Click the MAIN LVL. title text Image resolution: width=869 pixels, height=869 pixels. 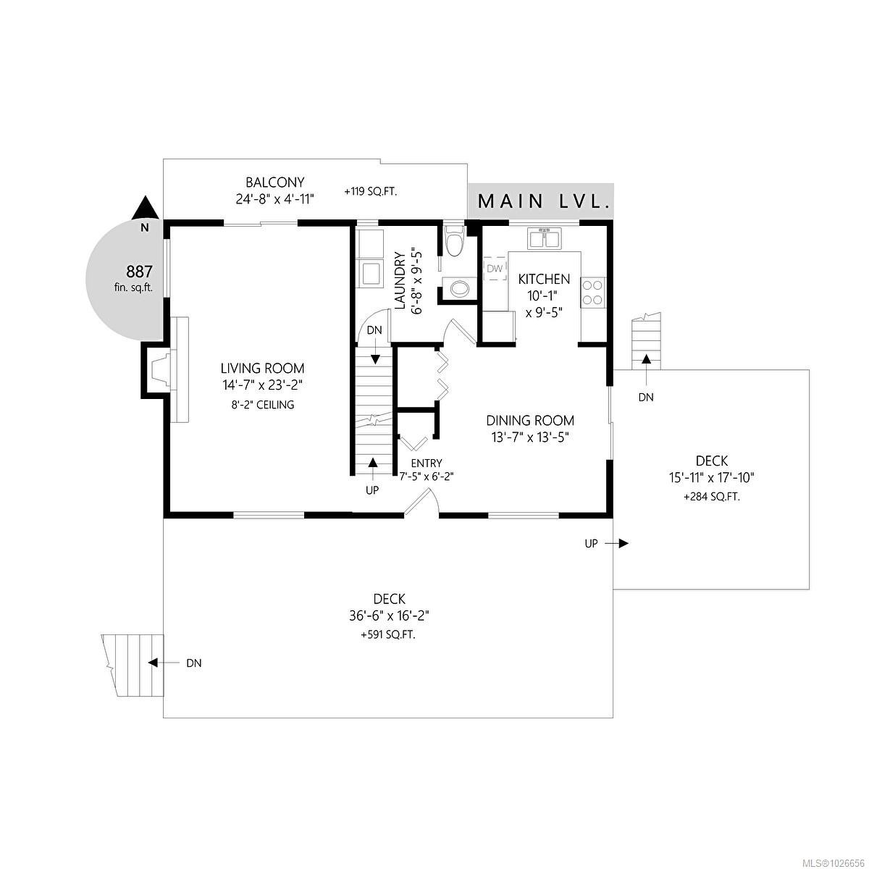tap(542, 201)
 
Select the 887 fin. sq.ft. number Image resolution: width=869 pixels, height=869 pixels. tap(139, 272)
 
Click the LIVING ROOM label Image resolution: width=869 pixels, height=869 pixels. tap(262, 369)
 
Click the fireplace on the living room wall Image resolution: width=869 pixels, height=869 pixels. tap(159, 371)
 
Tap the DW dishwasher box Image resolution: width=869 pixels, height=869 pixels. tap(495, 269)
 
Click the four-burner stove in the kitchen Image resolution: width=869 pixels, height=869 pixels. tap(593, 292)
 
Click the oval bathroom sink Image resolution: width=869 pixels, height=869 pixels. tap(459, 289)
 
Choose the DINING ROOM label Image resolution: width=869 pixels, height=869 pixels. tap(530, 421)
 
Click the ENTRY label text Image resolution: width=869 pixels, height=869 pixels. tap(426, 463)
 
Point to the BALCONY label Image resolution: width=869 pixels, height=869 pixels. tap(274, 182)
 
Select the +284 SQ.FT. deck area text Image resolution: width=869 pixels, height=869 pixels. tap(711, 498)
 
